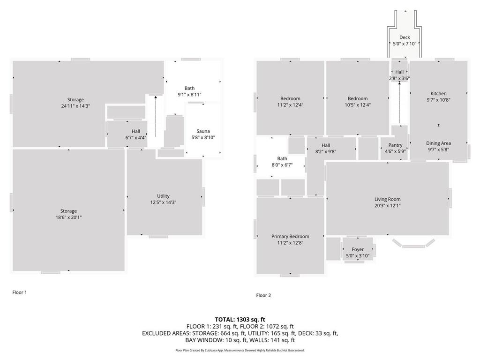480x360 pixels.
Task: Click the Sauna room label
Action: click(x=203, y=131)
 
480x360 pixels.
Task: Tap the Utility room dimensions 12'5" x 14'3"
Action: click(x=163, y=202)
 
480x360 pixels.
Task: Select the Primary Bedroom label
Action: click(x=290, y=237)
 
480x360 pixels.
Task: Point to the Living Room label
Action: click(x=387, y=199)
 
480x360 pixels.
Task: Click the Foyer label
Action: click(x=358, y=249)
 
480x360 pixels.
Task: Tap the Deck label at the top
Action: click(x=404, y=37)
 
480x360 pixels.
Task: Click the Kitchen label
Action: click(x=438, y=93)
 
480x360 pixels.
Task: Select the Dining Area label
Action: click(x=438, y=143)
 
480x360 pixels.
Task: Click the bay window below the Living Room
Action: click(x=413, y=244)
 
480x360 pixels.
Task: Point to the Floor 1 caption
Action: click(x=20, y=292)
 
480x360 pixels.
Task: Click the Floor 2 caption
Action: click(x=263, y=295)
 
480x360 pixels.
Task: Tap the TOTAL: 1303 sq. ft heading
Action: click(x=240, y=319)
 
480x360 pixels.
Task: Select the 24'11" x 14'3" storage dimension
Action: click(x=75, y=106)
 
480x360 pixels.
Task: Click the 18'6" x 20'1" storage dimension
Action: click(x=68, y=217)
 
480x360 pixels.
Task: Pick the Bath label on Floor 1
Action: click(x=189, y=88)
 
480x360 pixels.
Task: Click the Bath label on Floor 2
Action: click(x=282, y=158)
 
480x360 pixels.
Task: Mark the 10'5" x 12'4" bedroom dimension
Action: click(x=358, y=105)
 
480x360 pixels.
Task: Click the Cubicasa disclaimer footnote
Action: click(x=240, y=350)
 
